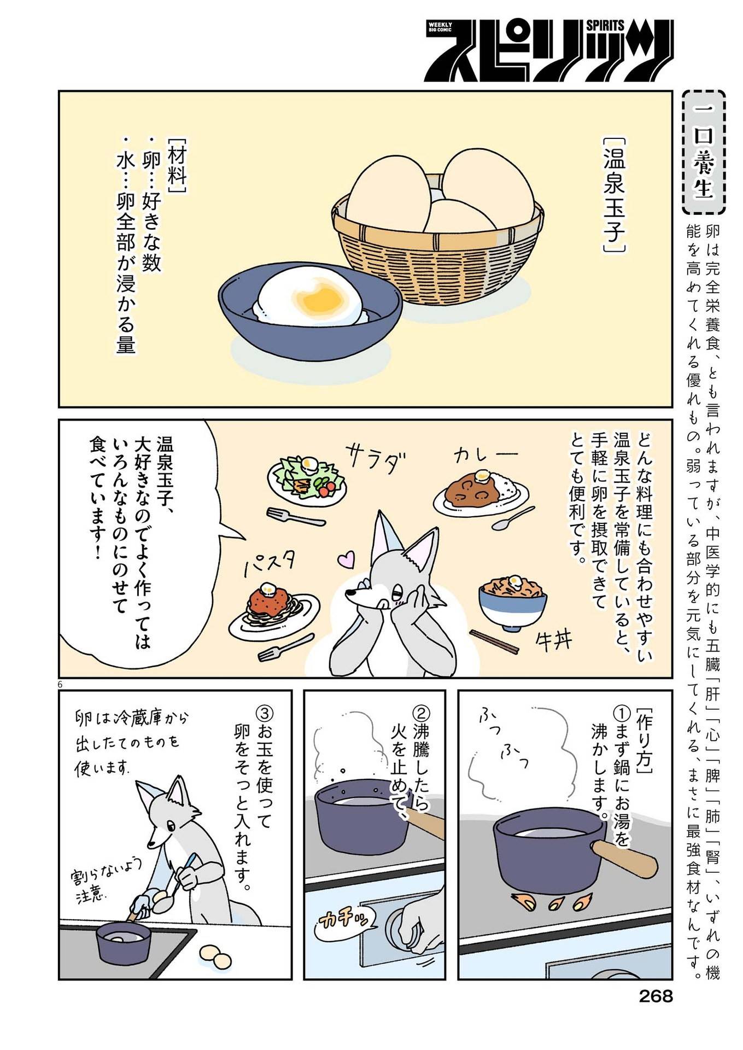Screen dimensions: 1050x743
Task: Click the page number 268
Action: click(656, 996)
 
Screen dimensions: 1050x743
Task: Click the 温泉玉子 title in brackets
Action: click(613, 195)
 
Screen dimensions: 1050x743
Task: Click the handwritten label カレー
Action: click(485, 454)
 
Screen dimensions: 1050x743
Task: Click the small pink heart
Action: click(346, 559)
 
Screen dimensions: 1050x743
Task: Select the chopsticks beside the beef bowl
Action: click(494, 641)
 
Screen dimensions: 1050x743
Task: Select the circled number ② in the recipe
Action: click(421, 713)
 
